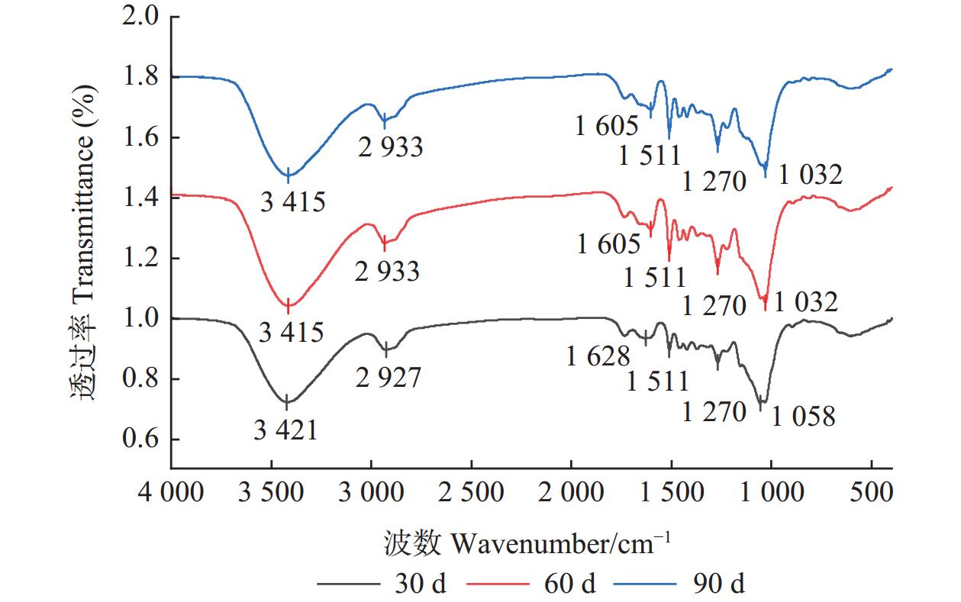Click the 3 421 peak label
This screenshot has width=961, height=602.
click(x=285, y=430)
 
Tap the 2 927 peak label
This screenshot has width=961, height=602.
click(x=388, y=377)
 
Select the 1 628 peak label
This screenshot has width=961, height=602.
click(x=598, y=356)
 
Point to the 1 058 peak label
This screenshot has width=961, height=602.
click(x=804, y=416)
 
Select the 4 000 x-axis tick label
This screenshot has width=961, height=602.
click(x=172, y=492)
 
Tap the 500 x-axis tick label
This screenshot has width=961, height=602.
click(x=871, y=492)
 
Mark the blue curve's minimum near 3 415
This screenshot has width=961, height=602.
click(x=289, y=175)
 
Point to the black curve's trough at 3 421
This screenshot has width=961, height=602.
click(x=287, y=401)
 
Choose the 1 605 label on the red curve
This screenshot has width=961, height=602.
click(x=608, y=244)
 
